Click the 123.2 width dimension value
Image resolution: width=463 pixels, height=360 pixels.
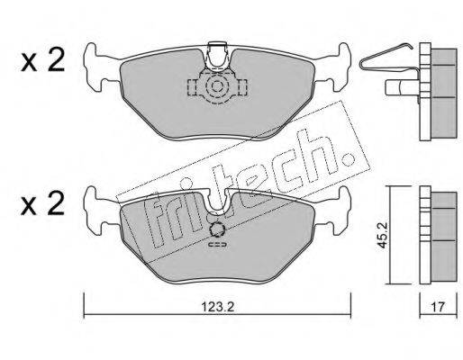[x=217, y=307]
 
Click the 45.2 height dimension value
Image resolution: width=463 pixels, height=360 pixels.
[x=382, y=235]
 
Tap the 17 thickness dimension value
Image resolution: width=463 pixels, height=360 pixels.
[x=438, y=307]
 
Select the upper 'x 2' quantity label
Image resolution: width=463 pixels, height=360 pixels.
[x=42, y=61]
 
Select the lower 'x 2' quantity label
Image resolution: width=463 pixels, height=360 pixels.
[x=42, y=203]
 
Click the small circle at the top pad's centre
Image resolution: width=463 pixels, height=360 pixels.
[x=216, y=86]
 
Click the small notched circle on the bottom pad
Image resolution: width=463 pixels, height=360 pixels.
[x=217, y=229]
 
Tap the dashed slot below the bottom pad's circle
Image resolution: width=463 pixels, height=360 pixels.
[x=217, y=245]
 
